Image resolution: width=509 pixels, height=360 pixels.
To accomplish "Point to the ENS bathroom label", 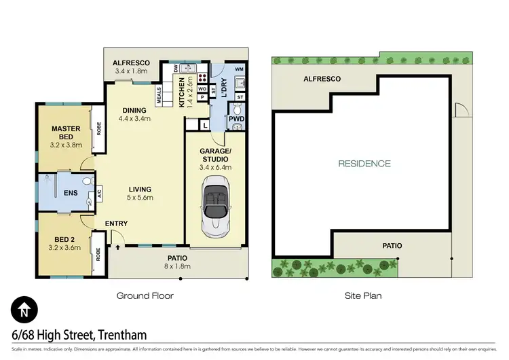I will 71,193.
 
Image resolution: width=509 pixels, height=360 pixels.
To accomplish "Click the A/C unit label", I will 99,193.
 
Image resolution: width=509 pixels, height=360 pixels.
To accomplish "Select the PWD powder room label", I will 236,119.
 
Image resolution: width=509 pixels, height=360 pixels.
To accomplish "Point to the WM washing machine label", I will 239,69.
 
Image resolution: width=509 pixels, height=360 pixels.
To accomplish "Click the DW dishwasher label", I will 176,69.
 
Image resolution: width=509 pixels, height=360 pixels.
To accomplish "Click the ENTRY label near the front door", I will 116,223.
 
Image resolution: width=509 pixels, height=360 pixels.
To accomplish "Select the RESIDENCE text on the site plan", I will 365,163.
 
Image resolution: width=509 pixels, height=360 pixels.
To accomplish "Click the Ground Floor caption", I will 145,295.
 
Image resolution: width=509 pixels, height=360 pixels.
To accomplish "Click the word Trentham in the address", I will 122,335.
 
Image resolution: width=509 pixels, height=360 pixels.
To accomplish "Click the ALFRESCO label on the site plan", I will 322,79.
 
